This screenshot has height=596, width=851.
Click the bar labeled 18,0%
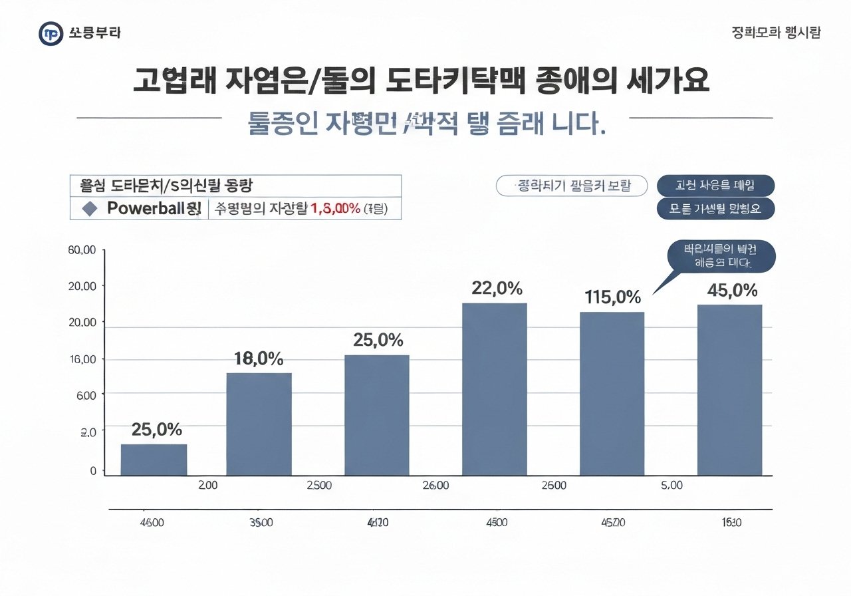click(259, 424)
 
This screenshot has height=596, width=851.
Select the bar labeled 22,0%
click(494, 389)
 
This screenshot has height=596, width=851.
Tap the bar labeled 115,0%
click(612, 393)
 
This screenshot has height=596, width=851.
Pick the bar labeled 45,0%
click(729, 390)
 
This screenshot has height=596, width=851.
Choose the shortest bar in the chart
click(154, 459)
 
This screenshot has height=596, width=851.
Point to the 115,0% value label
click(612, 297)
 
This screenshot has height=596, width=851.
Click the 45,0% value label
click(731, 290)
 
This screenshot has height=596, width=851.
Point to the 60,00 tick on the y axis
click(82, 250)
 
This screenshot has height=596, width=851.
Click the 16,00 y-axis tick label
click(82, 359)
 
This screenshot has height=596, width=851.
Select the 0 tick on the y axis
click(92, 471)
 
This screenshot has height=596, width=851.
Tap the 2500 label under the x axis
click(319, 486)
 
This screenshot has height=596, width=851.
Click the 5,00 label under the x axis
click(671, 486)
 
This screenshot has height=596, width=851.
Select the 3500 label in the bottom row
click(260, 523)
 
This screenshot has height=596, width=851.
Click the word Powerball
click(148, 208)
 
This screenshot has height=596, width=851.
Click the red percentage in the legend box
click(336, 209)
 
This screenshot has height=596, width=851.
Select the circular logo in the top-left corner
click(51, 33)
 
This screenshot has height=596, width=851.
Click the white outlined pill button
click(572, 186)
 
